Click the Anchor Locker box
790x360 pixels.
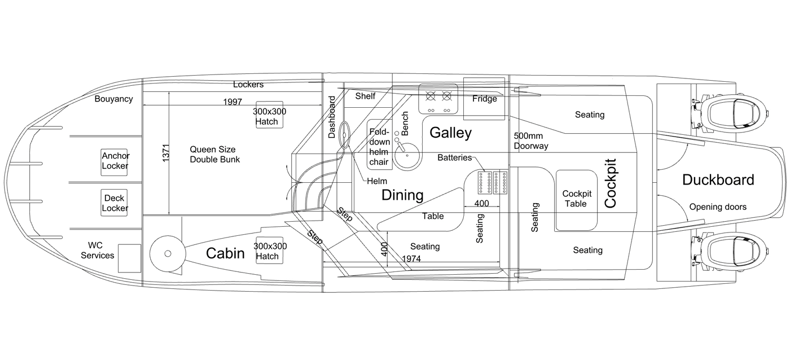[114, 162]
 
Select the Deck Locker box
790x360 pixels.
[114, 203]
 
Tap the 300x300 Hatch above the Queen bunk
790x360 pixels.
[270, 115]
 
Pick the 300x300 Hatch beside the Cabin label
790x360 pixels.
[270, 250]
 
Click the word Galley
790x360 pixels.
[450, 133]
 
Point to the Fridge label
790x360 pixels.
[485, 99]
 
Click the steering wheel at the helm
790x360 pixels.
[344, 135]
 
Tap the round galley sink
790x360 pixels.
[407, 155]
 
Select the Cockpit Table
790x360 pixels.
[576, 200]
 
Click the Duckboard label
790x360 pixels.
[718, 180]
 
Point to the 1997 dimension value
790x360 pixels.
[232, 102]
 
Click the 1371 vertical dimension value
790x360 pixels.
[166, 153]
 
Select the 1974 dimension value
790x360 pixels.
[411, 259]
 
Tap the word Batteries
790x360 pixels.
[455, 157]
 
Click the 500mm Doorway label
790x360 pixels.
[531, 141]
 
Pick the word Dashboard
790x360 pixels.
[332, 117]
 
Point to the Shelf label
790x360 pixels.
[365, 96]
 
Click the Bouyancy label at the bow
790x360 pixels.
[113, 99]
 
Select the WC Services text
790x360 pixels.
[97, 251]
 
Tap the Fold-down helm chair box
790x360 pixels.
[379, 144]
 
